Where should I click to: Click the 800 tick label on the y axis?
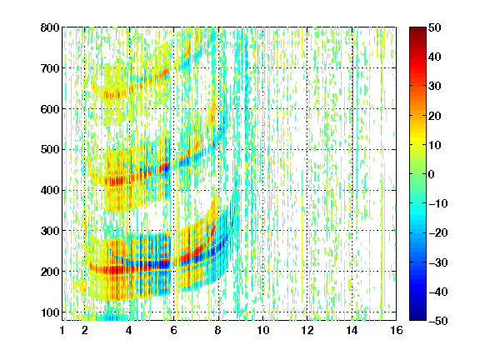(50, 27)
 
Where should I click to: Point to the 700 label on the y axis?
(50, 68)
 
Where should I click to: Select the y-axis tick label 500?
(50, 150)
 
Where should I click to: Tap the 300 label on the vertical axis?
(50, 231)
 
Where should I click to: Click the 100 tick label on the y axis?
(50, 312)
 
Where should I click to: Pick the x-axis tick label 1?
(62, 330)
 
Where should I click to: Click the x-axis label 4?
(129, 330)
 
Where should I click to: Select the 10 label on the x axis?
(263, 330)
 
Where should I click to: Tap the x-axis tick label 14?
(352, 330)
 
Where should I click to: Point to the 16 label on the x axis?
(397, 330)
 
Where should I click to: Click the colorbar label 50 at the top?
(434, 27)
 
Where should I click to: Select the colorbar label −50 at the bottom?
(438, 321)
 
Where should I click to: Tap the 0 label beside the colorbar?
(432, 174)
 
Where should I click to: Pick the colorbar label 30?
(434, 87)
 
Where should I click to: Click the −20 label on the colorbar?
(438, 233)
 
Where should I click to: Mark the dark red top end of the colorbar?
(417, 29)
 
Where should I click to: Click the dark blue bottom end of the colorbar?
(417, 318)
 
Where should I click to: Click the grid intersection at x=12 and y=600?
(307, 109)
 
